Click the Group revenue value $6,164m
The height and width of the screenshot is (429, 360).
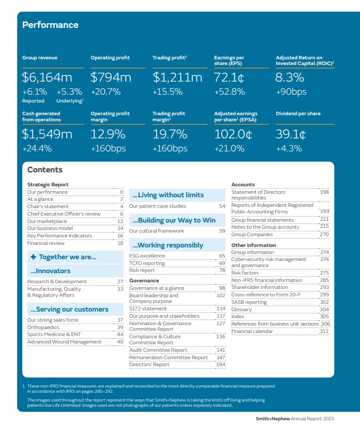pos(47,78)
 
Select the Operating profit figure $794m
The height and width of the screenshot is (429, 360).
pos(111,78)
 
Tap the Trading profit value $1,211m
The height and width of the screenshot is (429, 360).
pos(177,78)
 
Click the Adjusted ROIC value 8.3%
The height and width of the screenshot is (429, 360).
pos(290,78)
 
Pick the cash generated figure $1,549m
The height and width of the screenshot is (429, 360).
pos(47,134)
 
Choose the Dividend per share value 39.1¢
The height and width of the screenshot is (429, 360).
pos(291,134)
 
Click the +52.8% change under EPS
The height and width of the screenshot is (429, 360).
pos(230,92)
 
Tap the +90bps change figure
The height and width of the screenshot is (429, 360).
pos(291,92)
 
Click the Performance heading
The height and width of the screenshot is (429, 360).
pos(50,25)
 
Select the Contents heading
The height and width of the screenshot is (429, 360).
pos(45,170)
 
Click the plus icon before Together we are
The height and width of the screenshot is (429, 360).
pos(34,257)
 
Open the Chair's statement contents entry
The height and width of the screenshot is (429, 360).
pos(48,206)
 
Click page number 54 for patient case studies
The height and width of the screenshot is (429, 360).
pos(222,206)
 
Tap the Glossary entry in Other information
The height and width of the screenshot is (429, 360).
pos(241,309)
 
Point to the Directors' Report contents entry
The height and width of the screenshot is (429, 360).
pos(149,364)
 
